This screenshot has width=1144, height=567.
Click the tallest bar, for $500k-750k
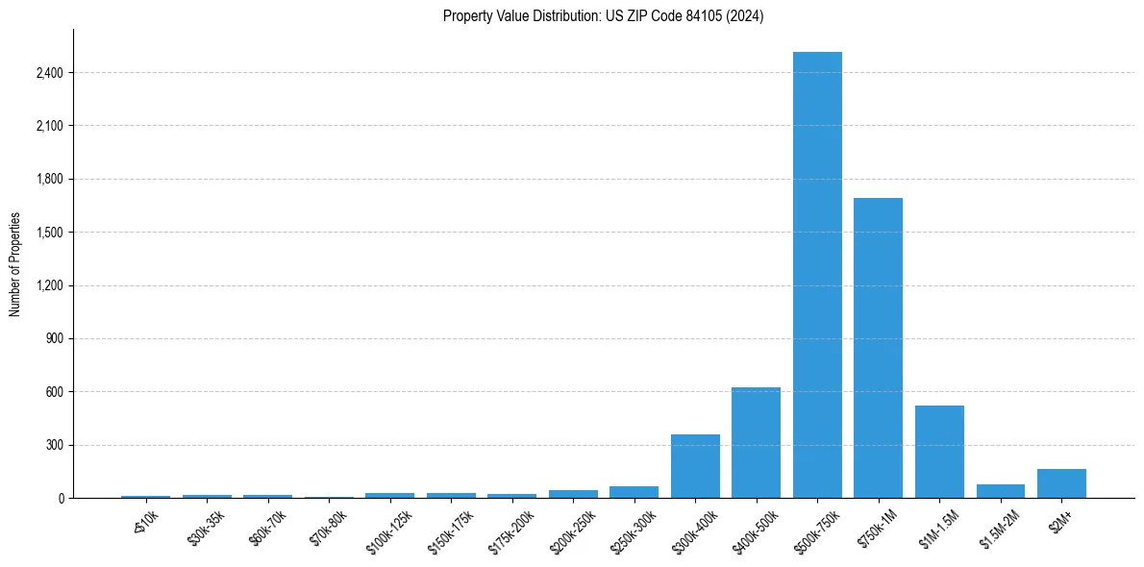click(x=817, y=275)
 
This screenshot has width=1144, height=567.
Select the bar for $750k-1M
click(x=878, y=348)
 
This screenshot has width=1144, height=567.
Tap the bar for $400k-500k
click(x=756, y=443)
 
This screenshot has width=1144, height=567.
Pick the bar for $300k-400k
click(x=695, y=466)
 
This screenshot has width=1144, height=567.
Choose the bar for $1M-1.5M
click(x=939, y=452)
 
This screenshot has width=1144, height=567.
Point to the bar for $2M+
click(x=1061, y=483)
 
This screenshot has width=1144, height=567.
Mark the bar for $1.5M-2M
click(x=1000, y=491)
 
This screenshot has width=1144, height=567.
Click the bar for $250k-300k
click(x=634, y=492)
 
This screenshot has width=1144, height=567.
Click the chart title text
click(x=603, y=16)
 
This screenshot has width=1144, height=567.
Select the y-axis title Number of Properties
click(x=15, y=264)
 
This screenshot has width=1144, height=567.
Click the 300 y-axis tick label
click(x=54, y=445)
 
